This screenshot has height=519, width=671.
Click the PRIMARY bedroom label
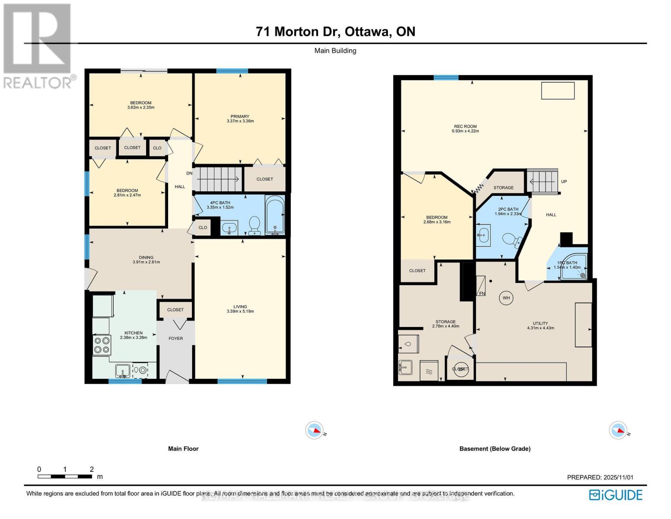[240, 116]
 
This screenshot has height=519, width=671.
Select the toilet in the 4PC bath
[254, 224]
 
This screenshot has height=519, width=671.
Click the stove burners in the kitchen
[102, 345]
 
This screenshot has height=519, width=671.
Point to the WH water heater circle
[506, 298]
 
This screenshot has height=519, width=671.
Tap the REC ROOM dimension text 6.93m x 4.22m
[465, 131]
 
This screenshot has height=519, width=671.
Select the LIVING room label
[240, 307]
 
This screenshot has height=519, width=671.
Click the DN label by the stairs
[189, 173]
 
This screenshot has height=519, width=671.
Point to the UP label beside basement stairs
[564, 182]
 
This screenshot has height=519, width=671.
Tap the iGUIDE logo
[616, 495]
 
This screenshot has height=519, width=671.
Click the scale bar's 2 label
[92, 469]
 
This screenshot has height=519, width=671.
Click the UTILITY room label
[540, 323]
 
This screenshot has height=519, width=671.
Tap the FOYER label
[175, 338]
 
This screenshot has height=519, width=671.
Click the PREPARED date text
[600, 477]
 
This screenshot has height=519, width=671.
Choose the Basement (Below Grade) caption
[495, 449]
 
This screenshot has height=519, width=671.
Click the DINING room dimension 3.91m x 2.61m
[146, 262]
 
